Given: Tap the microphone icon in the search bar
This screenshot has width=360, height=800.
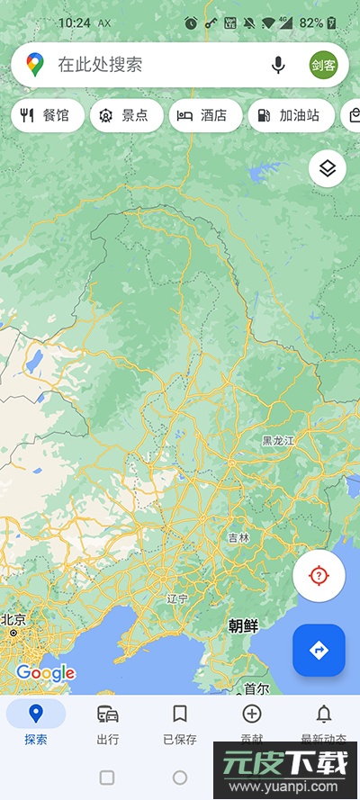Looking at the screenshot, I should pyautogui.click(x=278, y=65).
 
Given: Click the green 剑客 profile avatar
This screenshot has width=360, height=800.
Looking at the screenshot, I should pyautogui.click(x=323, y=65).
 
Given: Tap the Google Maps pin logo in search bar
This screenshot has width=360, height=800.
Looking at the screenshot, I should pyautogui.click(x=35, y=65).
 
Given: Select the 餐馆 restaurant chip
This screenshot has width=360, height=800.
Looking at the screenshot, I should pyautogui.click(x=47, y=115).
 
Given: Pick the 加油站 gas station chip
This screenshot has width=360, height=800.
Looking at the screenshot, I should pyautogui.click(x=290, y=115).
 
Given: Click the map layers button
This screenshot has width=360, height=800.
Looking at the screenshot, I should pyautogui.click(x=328, y=168).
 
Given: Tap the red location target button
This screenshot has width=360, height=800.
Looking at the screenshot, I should pyautogui.click(x=319, y=576).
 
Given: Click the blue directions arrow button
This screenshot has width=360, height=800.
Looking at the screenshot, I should pyautogui.click(x=319, y=650).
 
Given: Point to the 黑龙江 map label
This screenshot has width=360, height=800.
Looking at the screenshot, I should pyautogui.click(x=278, y=441).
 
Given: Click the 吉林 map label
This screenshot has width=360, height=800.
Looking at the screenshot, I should pyautogui.click(x=238, y=538).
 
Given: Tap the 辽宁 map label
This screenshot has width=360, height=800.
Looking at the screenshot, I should pyautogui.click(x=177, y=598).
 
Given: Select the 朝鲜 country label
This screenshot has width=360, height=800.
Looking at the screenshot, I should pyautogui.click(x=243, y=625).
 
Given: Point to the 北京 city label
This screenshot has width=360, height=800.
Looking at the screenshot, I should pyautogui.click(x=13, y=619).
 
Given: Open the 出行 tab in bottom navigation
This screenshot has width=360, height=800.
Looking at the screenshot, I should pyautogui.click(x=108, y=723).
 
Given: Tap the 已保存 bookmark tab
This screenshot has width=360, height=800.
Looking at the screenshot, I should pyautogui.click(x=180, y=723).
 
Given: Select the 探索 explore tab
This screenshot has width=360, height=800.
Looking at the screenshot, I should pyautogui.click(x=36, y=723).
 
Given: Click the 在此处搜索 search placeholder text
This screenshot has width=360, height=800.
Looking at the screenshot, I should pyautogui.click(x=100, y=65).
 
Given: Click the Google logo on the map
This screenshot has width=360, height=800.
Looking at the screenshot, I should pyautogui.click(x=45, y=672).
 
